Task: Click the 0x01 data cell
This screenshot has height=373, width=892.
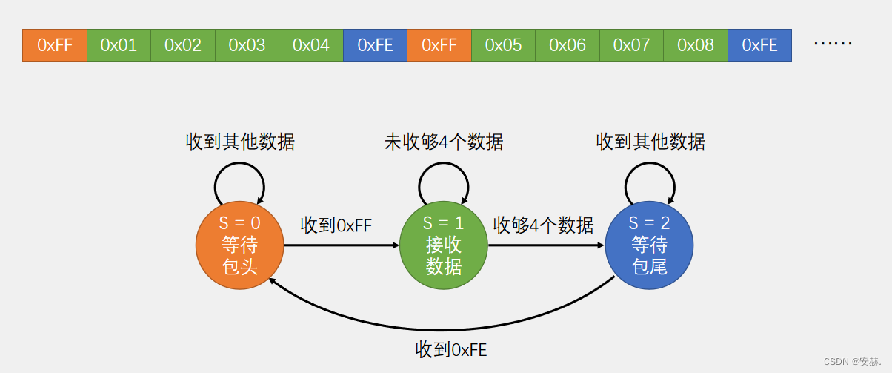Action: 119,45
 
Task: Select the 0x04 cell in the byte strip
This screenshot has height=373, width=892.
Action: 311,45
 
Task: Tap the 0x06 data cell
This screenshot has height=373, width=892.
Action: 568,45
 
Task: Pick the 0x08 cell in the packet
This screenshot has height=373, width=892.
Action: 696,45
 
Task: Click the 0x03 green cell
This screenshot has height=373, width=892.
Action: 247,45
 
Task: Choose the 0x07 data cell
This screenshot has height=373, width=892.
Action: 631,45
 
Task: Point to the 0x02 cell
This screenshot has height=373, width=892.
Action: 183,45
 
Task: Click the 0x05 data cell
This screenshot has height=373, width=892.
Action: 503,45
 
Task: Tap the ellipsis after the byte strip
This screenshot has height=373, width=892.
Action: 833,44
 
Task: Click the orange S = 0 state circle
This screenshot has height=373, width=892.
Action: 239,245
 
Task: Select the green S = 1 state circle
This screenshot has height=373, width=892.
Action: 444,245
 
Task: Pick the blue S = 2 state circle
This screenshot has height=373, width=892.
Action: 649,245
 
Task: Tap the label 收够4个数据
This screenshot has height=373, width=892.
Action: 544,225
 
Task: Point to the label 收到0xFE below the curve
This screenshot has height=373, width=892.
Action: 451,349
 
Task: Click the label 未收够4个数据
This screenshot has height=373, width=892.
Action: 444,142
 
